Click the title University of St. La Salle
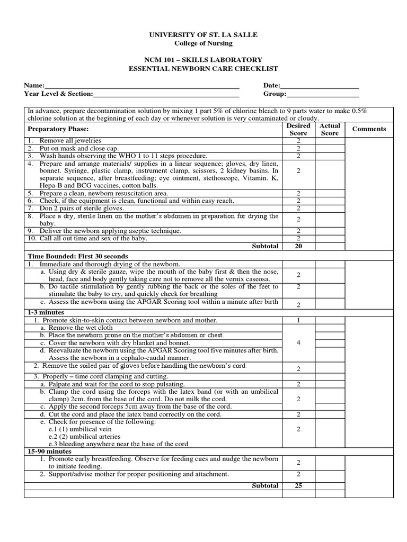(204, 34)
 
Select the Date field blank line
(320, 86)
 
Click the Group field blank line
(323, 95)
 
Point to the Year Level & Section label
(58, 94)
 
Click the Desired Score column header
(298, 130)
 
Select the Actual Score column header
(330, 130)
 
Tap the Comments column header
(369, 129)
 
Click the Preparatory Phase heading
(58, 130)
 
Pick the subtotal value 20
(298, 246)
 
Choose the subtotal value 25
(298, 485)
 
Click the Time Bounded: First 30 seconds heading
(78, 256)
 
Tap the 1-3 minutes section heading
(46, 313)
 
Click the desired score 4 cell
(298, 342)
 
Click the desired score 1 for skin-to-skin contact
(298, 320)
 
